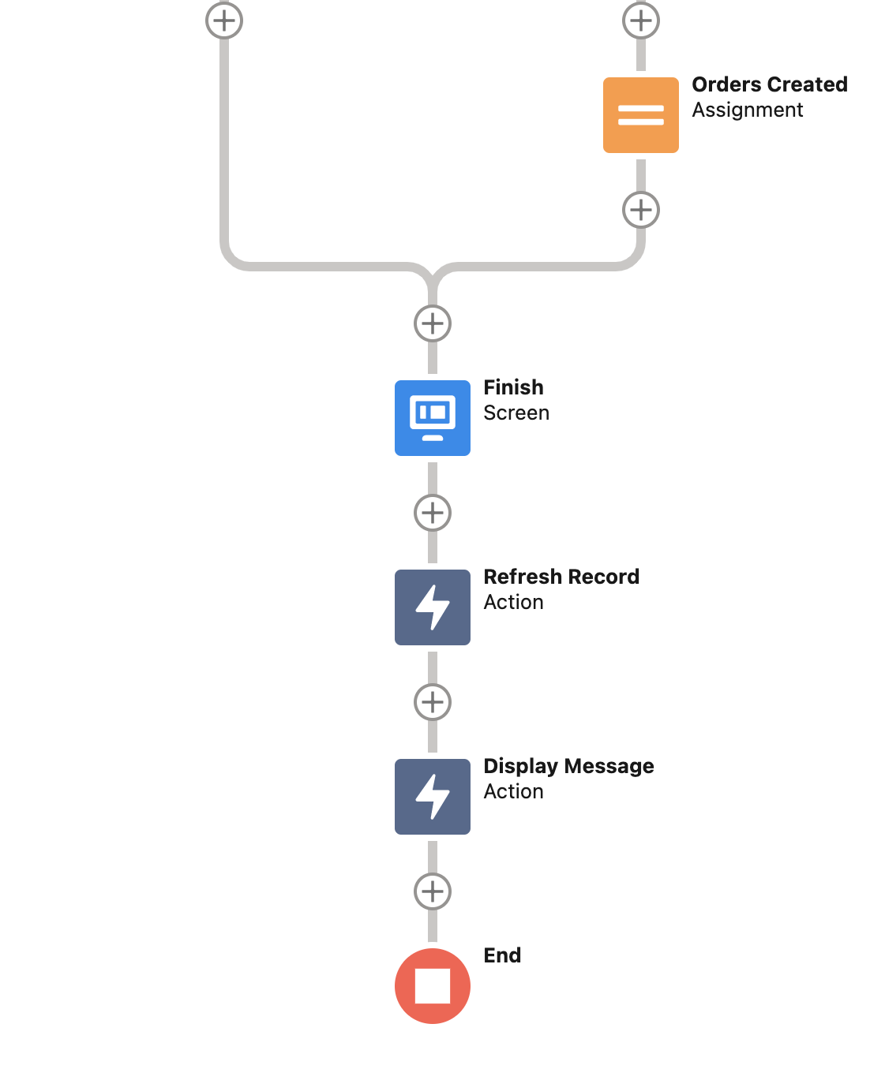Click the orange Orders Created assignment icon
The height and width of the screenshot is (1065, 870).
coord(640,115)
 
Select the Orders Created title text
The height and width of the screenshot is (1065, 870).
coord(769,84)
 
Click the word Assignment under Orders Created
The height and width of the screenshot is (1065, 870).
coord(747,110)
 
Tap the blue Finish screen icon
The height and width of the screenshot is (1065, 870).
coord(433,418)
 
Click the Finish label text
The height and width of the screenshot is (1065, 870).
coord(513,387)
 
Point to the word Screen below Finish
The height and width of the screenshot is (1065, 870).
coord(516,413)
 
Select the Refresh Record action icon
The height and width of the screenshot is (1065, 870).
coord(433,607)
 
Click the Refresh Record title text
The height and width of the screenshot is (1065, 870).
coord(561,577)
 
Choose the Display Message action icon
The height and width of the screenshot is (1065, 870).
coord(433,797)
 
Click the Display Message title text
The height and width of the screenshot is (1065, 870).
coord(568,766)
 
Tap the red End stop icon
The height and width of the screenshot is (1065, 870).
coord(433,986)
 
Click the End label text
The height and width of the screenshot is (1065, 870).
coord(502,955)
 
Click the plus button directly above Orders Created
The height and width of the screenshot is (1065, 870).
coord(641,21)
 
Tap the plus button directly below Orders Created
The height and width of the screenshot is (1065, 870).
coord(641,210)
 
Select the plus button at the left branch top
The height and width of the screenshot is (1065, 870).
coord(224,21)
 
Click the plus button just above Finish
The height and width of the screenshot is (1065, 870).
coord(433,323)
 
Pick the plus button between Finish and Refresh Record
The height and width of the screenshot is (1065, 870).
coord(433,513)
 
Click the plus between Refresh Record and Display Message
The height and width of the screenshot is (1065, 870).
coord(433,702)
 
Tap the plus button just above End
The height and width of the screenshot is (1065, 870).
coord(433,891)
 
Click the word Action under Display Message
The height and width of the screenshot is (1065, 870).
coord(513,792)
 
